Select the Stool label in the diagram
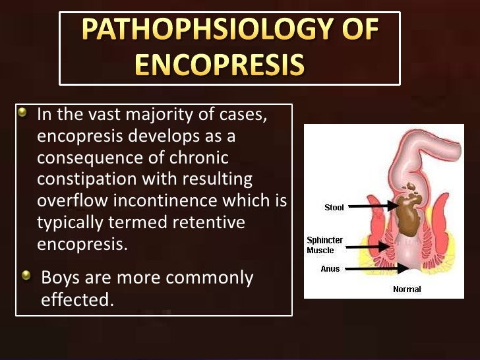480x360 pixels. (x=334, y=208)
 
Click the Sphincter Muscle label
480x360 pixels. (x=324, y=245)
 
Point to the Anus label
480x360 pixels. (x=330, y=269)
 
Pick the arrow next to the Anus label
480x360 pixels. (x=372, y=269)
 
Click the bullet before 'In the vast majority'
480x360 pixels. (x=24, y=113)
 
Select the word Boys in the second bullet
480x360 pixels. (x=60, y=278)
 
